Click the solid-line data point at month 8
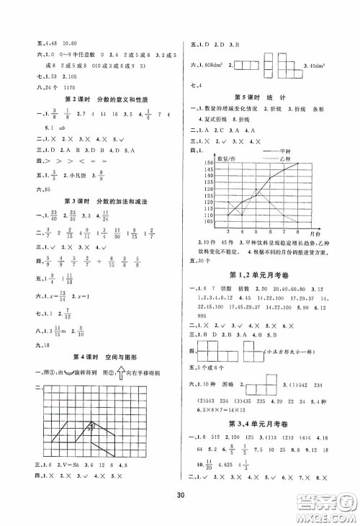click(x=297, y=164)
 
